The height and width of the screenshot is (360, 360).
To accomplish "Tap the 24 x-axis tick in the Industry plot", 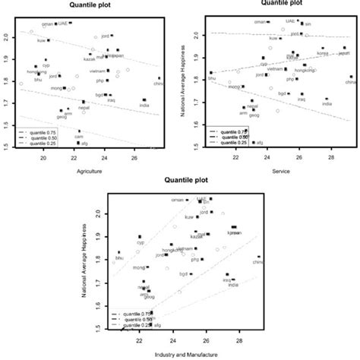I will click(173, 343).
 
